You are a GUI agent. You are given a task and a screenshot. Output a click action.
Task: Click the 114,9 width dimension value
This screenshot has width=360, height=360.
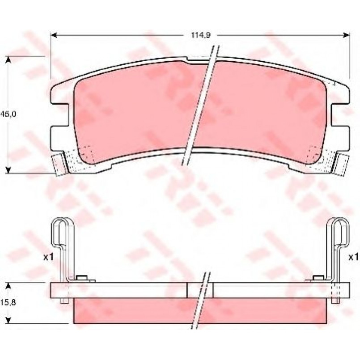click(201, 35)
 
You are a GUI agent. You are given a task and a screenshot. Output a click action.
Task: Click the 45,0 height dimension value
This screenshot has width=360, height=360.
click(8, 114)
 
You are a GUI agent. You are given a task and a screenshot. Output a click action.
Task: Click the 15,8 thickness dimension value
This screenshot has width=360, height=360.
click(8, 302)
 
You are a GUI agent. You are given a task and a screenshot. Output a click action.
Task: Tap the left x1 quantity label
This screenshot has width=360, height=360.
click(48, 257)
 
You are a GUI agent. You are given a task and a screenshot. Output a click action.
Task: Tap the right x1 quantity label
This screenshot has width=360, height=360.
click(353, 257)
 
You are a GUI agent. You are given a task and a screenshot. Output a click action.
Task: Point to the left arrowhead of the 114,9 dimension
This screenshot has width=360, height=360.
click(54, 35)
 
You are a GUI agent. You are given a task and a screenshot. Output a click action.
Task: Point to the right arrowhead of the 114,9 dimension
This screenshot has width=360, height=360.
click(347, 35)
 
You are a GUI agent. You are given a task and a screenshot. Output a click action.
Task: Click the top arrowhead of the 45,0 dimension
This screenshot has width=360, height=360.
click(8, 59)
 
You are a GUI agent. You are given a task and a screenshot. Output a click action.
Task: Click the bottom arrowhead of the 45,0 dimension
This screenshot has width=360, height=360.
click(8, 170)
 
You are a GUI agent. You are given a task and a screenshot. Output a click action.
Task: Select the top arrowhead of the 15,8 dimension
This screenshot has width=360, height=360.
click(8, 285)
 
